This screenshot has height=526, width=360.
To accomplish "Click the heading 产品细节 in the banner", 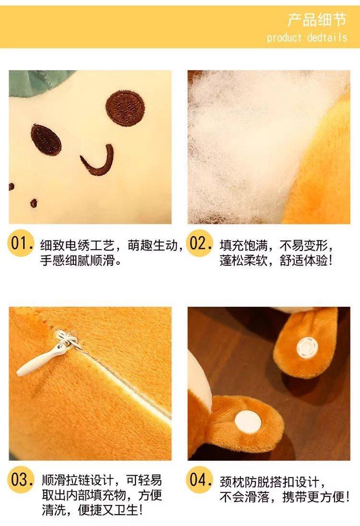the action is (316, 20).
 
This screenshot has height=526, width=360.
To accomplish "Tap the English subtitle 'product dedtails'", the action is (307, 37).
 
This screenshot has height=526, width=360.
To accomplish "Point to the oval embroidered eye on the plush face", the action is (46, 140).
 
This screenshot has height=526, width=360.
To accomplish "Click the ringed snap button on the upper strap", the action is (307, 347).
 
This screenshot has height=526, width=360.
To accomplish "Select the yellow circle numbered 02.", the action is (200, 243).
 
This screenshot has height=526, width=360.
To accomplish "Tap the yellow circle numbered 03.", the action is (21, 480).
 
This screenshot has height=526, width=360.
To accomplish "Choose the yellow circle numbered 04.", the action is (200, 480).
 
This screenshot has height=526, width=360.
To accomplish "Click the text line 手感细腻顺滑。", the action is (81, 260).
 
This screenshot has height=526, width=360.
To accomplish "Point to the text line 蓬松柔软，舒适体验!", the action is (276, 260).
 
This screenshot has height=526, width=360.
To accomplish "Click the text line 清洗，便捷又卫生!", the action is (93, 510).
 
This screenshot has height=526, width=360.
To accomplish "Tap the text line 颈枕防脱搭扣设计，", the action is (273, 482).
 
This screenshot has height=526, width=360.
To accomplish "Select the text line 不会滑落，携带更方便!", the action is (285, 497).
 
